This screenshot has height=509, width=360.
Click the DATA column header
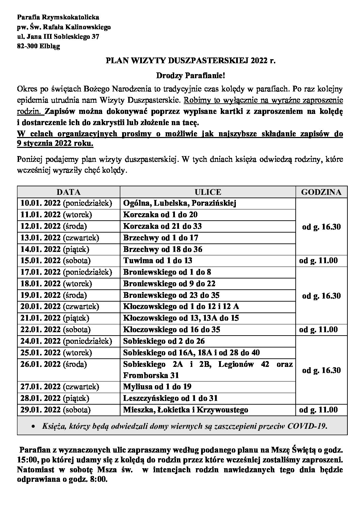(68, 192)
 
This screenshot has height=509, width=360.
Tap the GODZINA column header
(321, 192)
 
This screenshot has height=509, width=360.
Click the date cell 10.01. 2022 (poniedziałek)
(66, 203)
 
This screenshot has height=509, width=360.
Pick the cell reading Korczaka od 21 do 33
(162, 226)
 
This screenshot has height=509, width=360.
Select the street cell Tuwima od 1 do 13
(158, 261)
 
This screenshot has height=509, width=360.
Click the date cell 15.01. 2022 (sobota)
(55, 261)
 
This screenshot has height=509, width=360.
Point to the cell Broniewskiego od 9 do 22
(169, 284)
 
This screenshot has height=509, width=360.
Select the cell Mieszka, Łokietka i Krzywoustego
(185, 410)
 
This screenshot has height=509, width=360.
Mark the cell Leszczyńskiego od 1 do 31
(170, 398)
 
